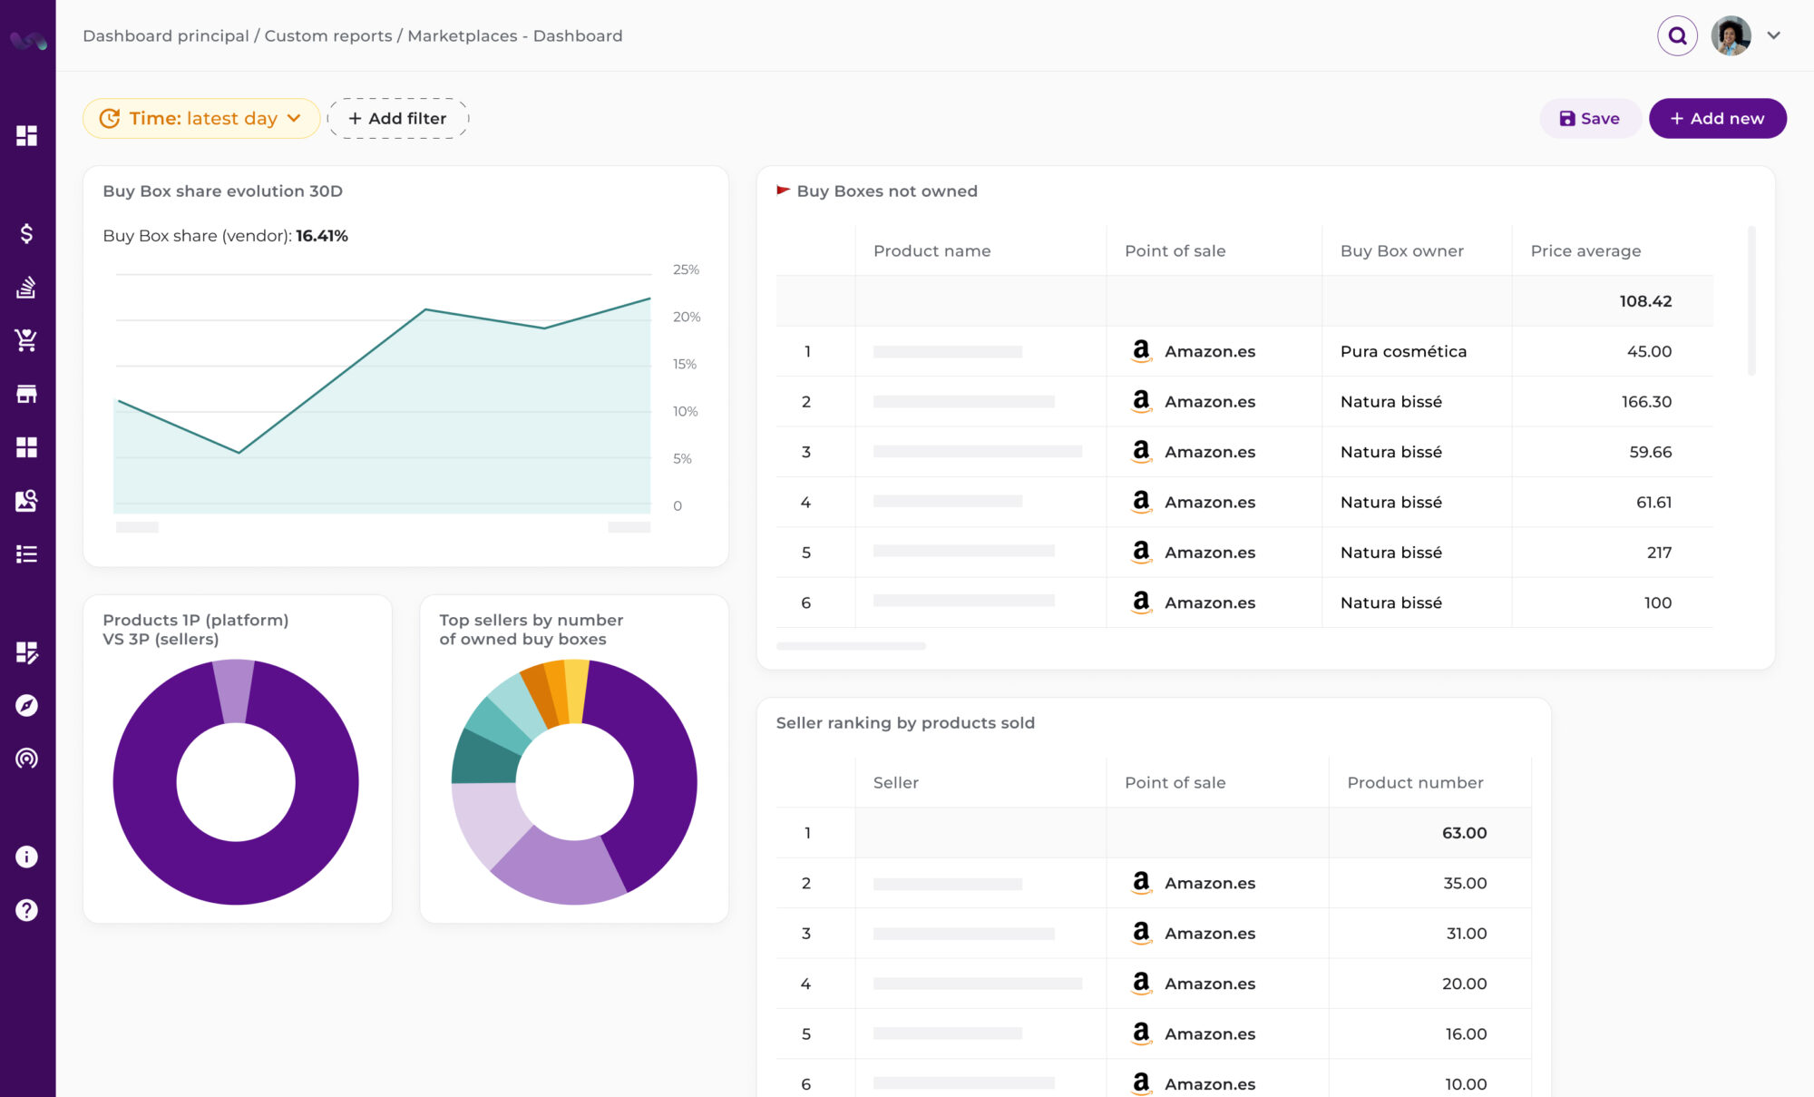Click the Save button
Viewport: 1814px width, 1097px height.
click(x=1589, y=119)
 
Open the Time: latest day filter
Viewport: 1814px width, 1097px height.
click(x=201, y=119)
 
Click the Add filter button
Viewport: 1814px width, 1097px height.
click(x=398, y=119)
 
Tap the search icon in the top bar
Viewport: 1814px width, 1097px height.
click(x=1677, y=36)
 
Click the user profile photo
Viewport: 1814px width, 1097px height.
click(x=1731, y=36)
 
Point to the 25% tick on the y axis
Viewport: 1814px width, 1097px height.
click(x=686, y=269)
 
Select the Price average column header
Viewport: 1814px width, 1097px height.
click(x=1585, y=251)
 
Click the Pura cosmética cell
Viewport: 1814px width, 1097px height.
click(x=1403, y=351)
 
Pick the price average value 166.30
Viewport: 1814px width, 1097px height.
click(x=1646, y=401)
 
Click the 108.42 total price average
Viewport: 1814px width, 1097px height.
click(x=1645, y=301)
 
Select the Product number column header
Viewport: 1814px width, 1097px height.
click(x=1415, y=782)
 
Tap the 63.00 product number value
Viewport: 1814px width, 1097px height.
click(x=1464, y=833)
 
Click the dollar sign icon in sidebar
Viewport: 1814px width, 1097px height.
click(x=26, y=234)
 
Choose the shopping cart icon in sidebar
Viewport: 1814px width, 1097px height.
click(x=26, y=340)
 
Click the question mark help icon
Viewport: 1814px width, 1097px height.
click(x=26, y=910)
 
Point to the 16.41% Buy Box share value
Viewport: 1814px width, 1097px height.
click(x=322, y=236)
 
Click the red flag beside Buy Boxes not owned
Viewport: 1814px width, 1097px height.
click(x=783, y=191)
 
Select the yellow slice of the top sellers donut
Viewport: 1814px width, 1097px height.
click(x=577, y=690)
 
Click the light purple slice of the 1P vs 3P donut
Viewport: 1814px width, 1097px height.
click(x=234, y=690)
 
